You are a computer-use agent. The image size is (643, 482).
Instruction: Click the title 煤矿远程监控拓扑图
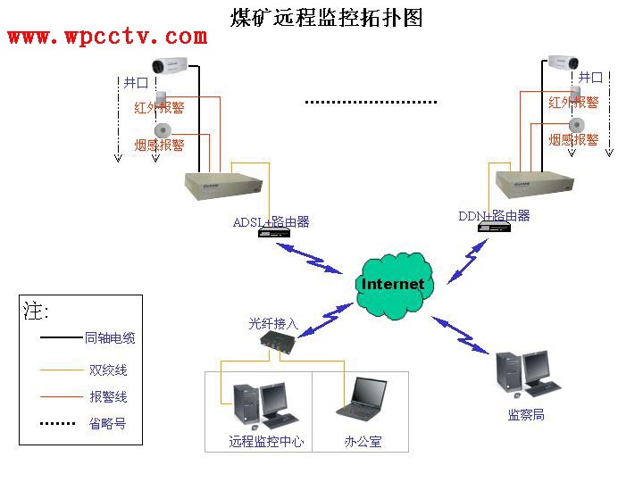(327, 17)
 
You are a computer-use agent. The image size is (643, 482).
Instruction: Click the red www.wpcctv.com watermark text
(107, 37)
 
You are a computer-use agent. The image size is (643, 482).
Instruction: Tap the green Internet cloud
(393, 284)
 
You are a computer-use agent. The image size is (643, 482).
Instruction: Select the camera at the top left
(169, 64)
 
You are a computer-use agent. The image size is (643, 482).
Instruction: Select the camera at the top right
(564, 62)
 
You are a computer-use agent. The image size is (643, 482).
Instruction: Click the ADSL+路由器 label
(271, 221)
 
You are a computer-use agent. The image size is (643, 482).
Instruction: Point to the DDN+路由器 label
(494, 215)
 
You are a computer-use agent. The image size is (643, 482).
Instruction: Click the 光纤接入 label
(272, 324)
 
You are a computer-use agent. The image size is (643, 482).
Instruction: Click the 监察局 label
(526, 415)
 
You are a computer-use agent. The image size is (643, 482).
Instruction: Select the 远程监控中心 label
(266, 441)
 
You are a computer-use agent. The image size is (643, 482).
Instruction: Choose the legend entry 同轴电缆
(110, 338)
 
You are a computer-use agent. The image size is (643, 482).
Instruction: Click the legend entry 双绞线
(108, 370)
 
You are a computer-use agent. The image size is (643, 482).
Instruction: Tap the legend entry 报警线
(108, 396)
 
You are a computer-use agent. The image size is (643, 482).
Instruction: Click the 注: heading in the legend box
(37, 312)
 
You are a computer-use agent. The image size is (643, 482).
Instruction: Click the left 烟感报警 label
(159, 145)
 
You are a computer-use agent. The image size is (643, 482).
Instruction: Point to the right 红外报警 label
(573, 103)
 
